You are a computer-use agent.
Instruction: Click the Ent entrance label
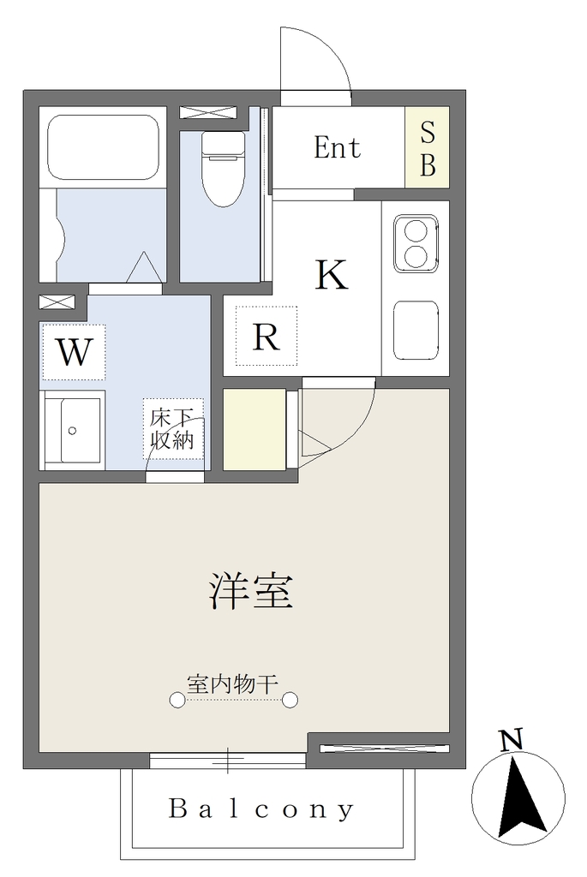point(337,147)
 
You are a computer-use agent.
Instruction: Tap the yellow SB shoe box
point(427,147)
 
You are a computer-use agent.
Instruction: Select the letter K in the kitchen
point(332,274)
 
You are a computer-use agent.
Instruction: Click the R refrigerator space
point(266,336)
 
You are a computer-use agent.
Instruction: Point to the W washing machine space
point(74,352)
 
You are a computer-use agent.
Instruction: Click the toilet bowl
point(224,169)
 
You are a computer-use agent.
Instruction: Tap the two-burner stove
point(416,243)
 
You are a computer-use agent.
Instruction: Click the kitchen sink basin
point(416,330)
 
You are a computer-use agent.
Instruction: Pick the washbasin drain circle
point(72,431)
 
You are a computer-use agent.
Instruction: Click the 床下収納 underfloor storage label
point(172,429)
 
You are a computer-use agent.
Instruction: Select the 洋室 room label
point(251,591)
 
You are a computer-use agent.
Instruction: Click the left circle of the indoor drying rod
point(177,700)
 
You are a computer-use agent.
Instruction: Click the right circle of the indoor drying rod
point(290,700)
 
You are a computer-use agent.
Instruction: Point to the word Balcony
point(261,808)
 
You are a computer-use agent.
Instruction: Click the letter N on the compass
point(511,739)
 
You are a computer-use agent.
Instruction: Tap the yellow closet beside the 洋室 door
point(255,429)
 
